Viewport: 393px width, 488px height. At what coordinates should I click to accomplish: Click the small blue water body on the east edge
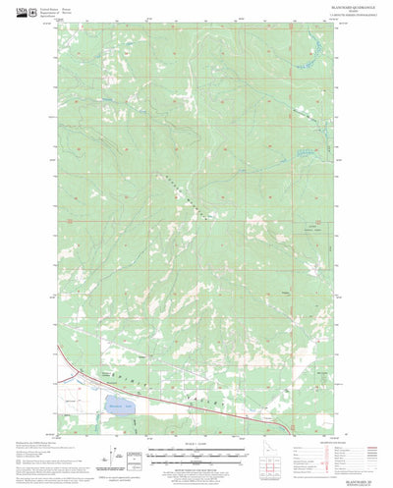309,154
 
